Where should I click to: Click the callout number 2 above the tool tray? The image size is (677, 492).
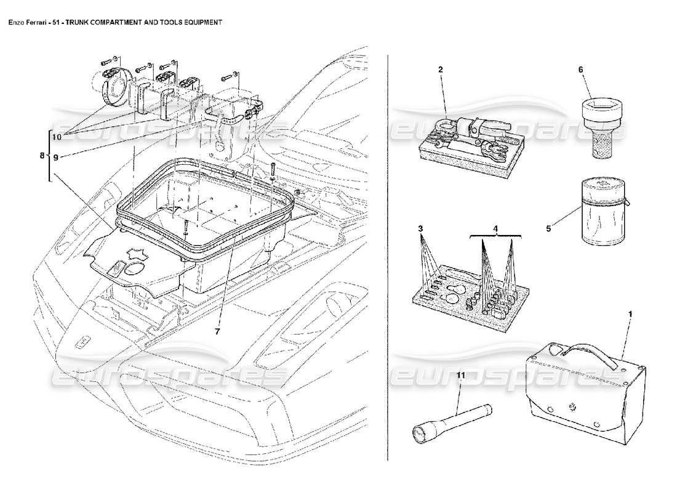tap(441, 69)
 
